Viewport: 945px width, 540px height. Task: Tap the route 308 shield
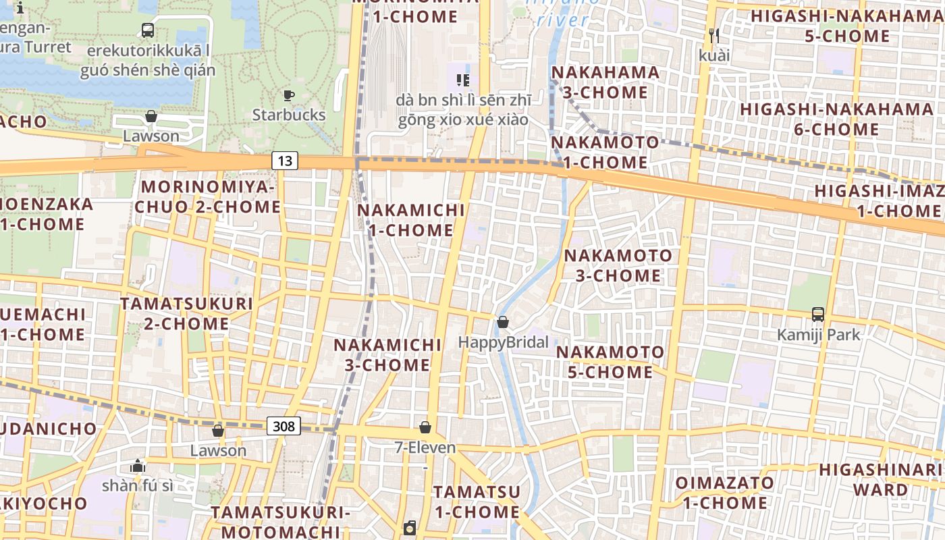coord(284,426)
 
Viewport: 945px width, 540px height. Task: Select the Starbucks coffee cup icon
coord(288,95)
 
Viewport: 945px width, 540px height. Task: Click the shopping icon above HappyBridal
coord(502,323)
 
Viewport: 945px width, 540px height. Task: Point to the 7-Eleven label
coord(425,448)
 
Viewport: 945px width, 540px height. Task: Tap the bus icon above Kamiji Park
coord(818,315)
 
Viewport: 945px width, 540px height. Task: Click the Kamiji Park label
coord(819,335)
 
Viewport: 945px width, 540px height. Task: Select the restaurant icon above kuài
coord(713,35)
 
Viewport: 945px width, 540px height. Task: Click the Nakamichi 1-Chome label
coord(411,220)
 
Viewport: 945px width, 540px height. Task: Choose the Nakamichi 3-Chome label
coord(387,355)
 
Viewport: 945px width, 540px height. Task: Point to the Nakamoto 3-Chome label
coord(618,265)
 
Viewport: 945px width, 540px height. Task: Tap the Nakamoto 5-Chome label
coord(610,362)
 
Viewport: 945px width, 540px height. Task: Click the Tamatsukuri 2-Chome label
coord(186,313)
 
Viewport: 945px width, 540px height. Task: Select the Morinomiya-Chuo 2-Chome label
coord(207,196)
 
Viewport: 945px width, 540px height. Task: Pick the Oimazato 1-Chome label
coord(725,493)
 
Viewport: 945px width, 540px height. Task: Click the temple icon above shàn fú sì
coord(138,466)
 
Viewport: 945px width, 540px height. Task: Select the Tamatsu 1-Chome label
coord(477,502)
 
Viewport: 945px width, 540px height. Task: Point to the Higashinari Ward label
coord(881,479)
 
